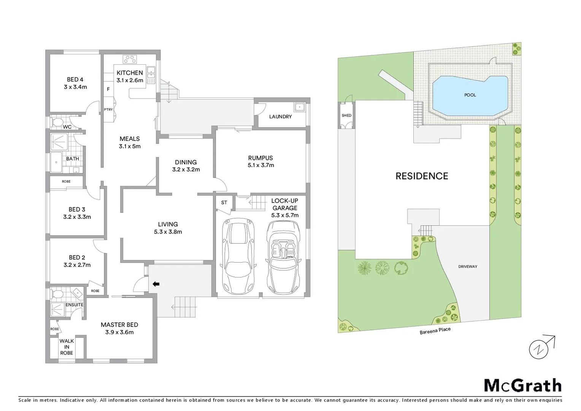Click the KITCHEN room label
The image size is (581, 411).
pyautogui.click(x=130, y=73)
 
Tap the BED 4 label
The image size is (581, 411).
pyautogui.click(x=75, y=80)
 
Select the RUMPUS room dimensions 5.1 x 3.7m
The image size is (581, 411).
pyautogui.click(x=260, y=165)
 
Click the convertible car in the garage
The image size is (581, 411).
pyautogui.click(x=282, y=257)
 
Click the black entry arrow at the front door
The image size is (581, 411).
pyautogui.click(x=156, y=284)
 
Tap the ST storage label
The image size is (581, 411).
pyautogui.click(x=224, y=202)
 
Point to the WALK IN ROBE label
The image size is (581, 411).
pyautogui.click(x=67, y=347)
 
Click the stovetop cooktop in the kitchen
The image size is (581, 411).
pyautogui.click(x=130, y=59)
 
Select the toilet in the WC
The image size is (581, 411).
pyautogui.click(x=57, y=122)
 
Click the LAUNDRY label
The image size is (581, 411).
pyautogui.click(x=280, y=116)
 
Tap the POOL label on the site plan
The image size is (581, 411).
pyautogui.click(x=470, y=95)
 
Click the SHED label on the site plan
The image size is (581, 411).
pyautogui.click(x=346, y=115)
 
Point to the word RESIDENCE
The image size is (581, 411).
pyautogui.click(x=422, y=176)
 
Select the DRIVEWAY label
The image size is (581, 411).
pyautogui.click(x=467, y=266)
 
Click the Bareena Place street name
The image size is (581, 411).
pyautogui.click(x=435, y=331)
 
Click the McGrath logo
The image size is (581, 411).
pyautogui.click(x=522, y=385)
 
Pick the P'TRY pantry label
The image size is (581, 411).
pyautogui.click(x=108, y=110)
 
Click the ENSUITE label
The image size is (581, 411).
pyautogui.click(x=75, y=305)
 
